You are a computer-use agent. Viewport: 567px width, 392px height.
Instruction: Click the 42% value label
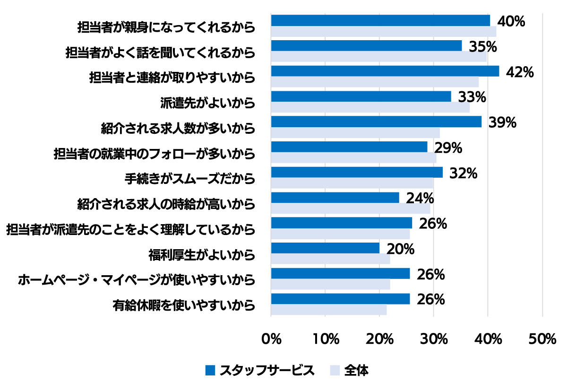(519, 72)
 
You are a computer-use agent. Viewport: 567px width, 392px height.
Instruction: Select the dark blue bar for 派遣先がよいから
(361, 96)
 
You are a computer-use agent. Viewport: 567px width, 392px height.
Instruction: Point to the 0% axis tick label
(271, 339)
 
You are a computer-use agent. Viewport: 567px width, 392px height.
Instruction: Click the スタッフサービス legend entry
(260, 370)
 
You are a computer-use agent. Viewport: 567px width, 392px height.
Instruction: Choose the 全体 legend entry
(350, 370)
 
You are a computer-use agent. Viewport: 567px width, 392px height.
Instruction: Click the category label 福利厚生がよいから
(202, 256)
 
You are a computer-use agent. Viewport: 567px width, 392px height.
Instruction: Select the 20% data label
(400, 249)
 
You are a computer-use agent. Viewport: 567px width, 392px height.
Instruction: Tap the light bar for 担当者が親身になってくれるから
(383, 32)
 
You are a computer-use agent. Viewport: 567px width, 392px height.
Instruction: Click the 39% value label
(502, 122)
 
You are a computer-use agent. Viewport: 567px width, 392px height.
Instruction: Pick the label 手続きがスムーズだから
(190, 179)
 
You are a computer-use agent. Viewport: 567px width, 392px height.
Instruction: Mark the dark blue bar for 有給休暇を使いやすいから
(340, 299)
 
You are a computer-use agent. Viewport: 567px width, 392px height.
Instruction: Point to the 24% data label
(420, 198)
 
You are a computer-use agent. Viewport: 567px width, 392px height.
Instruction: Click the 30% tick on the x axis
(434, 339)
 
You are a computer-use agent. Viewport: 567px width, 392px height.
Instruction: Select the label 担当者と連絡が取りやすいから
(172, 77)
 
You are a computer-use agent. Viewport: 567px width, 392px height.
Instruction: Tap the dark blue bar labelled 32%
(357, 172)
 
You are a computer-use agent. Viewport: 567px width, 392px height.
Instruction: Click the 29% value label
(447, 148)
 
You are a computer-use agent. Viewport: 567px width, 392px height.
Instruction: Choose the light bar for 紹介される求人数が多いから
(355, 133)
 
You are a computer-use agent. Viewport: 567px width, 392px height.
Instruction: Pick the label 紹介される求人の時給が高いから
(166, 205)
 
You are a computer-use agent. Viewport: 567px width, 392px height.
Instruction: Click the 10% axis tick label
(326, 339)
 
